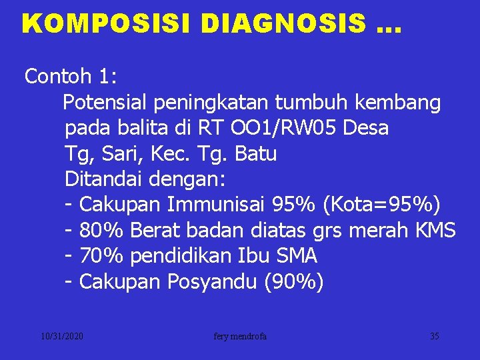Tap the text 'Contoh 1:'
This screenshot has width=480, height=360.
pyautogui.click(x=71, y=77)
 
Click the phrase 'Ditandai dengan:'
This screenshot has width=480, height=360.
pyautogui.click(x=146, y=180)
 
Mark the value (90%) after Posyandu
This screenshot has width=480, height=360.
pyautogui.click(x=294, y=283)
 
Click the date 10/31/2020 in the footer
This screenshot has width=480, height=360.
pyautogui.click(x=61, y=337)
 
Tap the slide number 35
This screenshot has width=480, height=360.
pyautogui.click(x=434, y=337)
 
